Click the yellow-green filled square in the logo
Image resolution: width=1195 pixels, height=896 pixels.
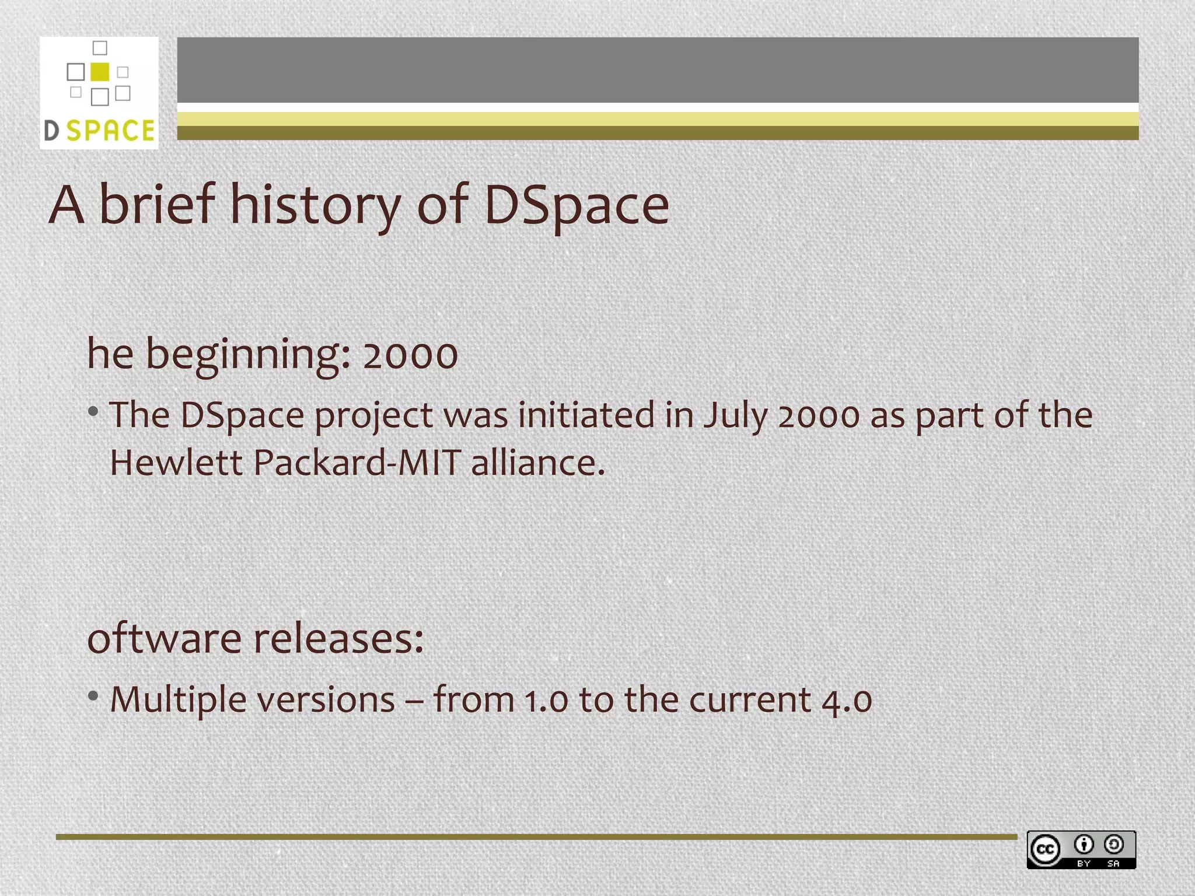(x=100, y=71)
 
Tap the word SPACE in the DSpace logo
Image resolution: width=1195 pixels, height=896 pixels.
(x=110, y=131)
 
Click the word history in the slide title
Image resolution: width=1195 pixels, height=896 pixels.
(x=315, y=205)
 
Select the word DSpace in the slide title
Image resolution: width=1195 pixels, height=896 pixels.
(x=576, y=205)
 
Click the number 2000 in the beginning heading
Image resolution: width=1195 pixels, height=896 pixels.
(x=410, y=355)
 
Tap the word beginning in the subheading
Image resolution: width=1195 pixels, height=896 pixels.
(x=247, y=355)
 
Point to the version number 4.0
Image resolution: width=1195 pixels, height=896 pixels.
(x=847, y=700)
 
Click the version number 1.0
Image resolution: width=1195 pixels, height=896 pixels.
(x=546, y=700)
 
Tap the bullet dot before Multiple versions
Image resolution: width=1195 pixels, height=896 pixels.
(x=93, y=695)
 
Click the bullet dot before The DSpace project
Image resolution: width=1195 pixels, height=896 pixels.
(x=93, y=412)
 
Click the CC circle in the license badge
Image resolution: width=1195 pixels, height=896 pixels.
(x=1044, y=849)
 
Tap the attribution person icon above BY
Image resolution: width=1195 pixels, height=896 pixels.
(x=1084, y=844)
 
